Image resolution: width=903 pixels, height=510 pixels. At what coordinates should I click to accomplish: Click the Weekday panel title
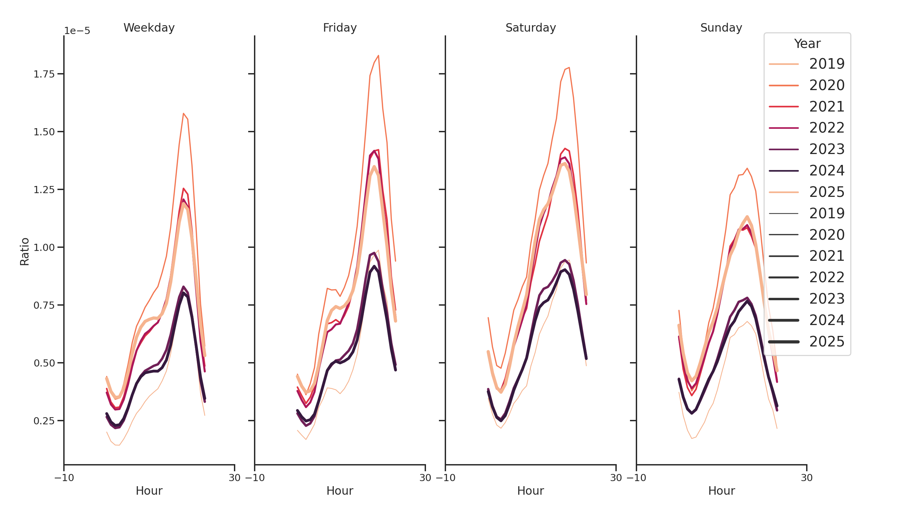(x=149, y=28)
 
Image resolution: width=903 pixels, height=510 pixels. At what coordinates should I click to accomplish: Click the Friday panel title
(x=340, y=28)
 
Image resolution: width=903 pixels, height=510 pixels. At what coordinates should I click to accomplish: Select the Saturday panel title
(x=530, y=28)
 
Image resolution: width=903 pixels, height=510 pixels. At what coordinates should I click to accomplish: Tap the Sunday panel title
(x=721, y=28)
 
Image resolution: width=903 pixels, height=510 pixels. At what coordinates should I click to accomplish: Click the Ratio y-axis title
(x=24, y=251)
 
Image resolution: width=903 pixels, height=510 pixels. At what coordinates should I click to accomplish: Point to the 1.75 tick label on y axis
(x=44, y=74)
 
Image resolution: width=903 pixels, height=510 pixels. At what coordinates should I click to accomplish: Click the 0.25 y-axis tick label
(x=44, y=421)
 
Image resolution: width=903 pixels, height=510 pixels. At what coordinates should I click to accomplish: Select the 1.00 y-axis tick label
(x=44, y=248)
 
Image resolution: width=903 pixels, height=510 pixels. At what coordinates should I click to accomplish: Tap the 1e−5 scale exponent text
(x=77, y=31)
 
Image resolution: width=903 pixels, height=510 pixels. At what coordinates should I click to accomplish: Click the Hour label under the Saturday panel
(x=530, y=491)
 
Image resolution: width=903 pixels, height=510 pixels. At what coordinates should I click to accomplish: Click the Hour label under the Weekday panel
(x=149, y=491)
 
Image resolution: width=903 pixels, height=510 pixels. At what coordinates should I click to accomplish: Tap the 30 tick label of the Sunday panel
(x=806, y=478)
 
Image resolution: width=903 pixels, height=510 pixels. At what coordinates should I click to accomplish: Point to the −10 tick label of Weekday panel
(x=64, y=478)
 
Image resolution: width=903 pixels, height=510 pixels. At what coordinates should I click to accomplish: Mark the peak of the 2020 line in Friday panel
(x=378, y=55)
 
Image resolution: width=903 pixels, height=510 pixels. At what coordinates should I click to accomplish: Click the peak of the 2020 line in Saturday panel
(x=569, y=67)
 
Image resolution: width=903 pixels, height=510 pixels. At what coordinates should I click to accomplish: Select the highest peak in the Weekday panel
(x=183, y=113)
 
